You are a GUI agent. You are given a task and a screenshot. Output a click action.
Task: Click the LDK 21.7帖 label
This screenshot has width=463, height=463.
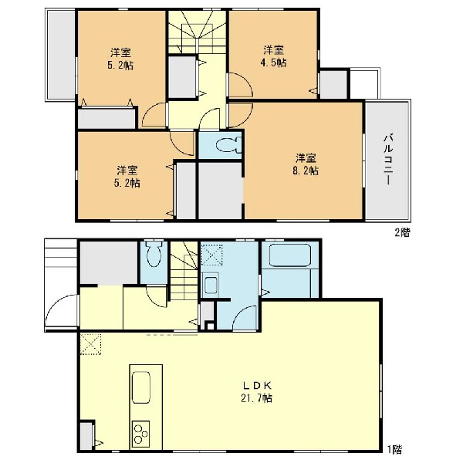256,392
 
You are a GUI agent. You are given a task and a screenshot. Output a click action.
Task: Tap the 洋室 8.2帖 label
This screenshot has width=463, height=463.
306,164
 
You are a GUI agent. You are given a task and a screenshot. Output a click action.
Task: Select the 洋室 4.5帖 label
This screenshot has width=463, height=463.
273,56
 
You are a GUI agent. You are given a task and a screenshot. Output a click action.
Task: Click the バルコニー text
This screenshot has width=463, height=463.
388,160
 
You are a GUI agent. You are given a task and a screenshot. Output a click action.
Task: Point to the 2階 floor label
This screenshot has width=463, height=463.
402,233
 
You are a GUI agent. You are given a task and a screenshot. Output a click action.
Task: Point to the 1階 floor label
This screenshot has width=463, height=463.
394,450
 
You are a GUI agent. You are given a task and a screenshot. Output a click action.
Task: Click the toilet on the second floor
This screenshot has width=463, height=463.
228,145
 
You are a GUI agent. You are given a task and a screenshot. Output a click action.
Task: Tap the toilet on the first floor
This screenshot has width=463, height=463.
154,254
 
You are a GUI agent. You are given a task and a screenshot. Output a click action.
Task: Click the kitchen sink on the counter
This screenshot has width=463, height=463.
141,387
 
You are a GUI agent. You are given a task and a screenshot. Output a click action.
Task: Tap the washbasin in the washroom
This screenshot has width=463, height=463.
210,285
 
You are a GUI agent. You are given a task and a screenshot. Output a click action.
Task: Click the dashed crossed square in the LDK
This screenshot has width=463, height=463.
90,344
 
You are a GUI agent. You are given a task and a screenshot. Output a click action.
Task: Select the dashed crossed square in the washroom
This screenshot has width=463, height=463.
212,255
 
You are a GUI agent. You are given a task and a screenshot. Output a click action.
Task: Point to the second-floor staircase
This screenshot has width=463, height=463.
197,32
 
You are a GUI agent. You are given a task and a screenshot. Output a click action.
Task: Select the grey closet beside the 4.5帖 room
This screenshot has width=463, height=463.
333,84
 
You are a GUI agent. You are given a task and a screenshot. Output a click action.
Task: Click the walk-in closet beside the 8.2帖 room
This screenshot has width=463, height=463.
220,191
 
